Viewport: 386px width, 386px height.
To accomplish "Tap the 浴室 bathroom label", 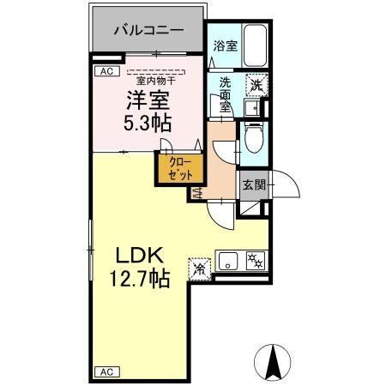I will [x=225, y=47].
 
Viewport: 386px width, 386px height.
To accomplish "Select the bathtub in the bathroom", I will [x=254, y=45].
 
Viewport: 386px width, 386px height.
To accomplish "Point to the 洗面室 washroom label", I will [x=225, y=95].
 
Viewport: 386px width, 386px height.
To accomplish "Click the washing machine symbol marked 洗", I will [x=256, y=84].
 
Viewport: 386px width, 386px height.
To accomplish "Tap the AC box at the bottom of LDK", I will [x=107, y=371].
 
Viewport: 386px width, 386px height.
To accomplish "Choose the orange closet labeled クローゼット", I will [x=179, y=167].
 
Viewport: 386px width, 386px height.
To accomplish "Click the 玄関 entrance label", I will [x=254, y=184].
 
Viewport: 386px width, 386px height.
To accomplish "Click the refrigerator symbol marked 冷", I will [x=200, y=268].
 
